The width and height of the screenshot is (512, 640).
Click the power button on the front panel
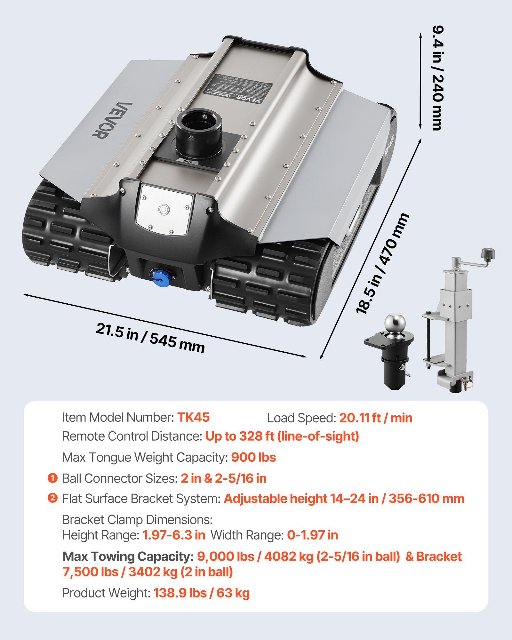point(164,210)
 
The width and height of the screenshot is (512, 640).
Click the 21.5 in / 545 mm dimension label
point(150,338)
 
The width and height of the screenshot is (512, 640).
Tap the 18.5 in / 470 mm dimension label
point(382,263)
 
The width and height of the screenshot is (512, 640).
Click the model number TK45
point(193,417)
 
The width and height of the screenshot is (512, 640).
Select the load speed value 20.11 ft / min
point(375,418)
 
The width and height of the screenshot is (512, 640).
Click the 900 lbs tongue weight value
point(253,457)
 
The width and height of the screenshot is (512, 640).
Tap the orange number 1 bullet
point(52,478)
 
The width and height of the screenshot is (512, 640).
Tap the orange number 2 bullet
point(52,498)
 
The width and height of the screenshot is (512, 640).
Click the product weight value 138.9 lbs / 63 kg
point(202,593)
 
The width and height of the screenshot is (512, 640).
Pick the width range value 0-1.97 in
point(312,535)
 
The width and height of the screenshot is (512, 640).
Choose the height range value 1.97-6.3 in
point(174,535)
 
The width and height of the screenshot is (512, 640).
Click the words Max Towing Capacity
point(128,556)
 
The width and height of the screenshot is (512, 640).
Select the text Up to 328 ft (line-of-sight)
point(282,436)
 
